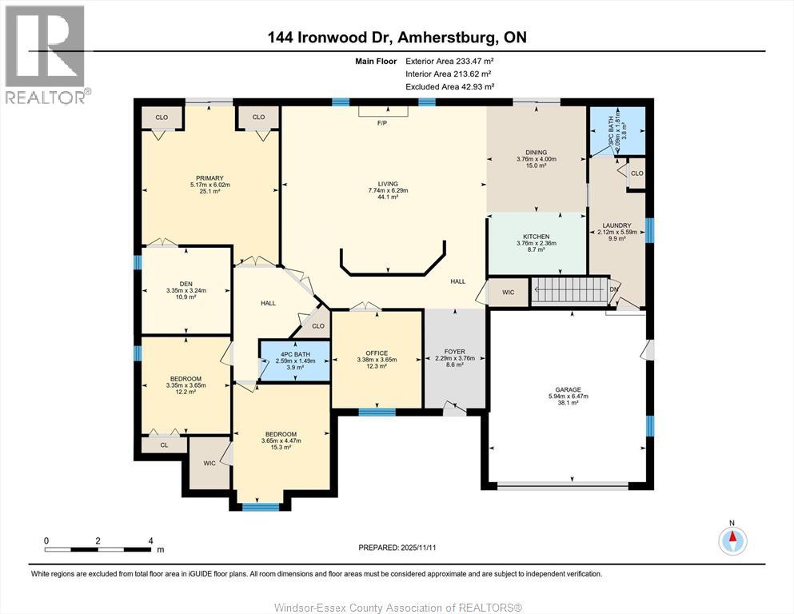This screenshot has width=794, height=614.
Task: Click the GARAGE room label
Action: tap(568, 390)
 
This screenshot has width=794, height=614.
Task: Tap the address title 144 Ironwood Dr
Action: tap(397, 38)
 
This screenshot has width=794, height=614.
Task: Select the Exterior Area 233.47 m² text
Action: tap(449, 61)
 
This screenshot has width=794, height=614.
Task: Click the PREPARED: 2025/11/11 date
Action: tap(397, 548)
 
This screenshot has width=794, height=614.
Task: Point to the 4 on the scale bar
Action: tap(150, 541)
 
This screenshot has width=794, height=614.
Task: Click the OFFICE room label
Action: tap(377, 353)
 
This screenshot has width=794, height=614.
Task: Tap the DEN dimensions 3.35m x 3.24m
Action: tap(186, 290)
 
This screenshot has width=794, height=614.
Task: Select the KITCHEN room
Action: tap(536, 237)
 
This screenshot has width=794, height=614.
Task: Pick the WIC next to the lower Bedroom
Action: tap(209, 463)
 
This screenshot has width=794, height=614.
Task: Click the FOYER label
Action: tap(454, 351)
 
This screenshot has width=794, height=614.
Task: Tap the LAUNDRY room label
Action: tap(616, 225)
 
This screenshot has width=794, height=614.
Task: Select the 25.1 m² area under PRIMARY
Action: tap(210, 192)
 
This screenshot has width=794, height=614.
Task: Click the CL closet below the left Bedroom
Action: tap(164, 445)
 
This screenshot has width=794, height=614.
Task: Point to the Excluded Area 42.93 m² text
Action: tap(449, 86)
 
